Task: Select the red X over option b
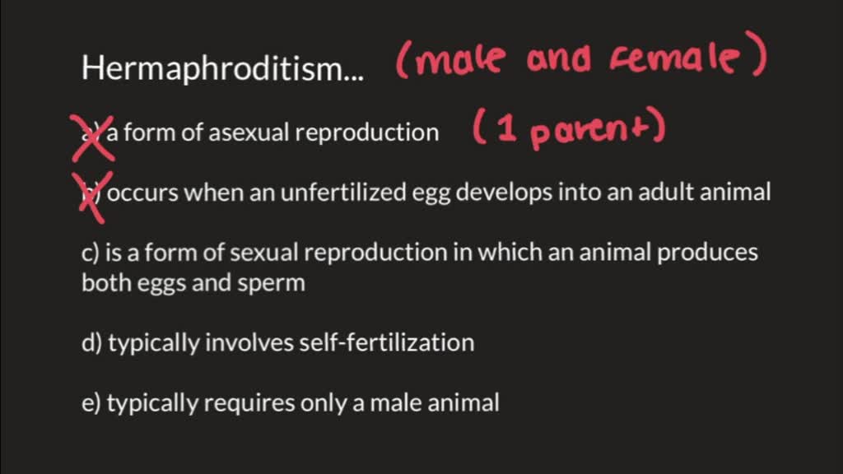(x=91, y=196)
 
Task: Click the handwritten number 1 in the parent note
(x=505, y=132)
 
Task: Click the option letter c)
(x=91, y=252)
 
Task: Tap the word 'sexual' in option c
(x=263, y=252)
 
